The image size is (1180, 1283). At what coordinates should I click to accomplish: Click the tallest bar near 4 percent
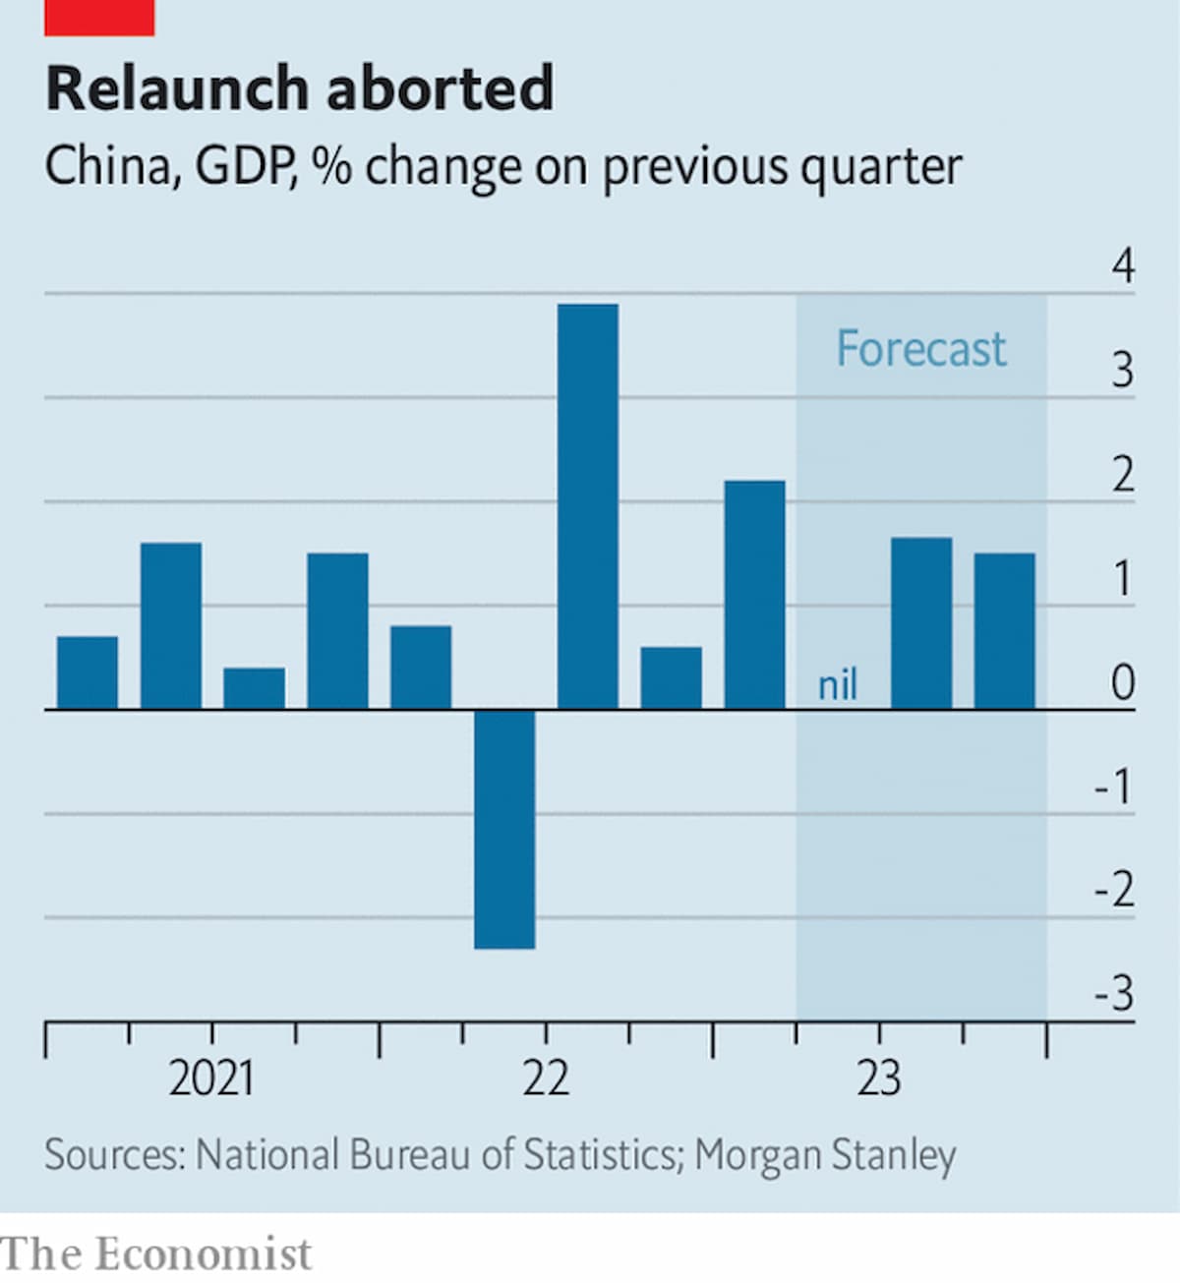pyautogui.click(x=587, y=506)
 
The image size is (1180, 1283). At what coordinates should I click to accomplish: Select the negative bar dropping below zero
pyautogui.click(x=504, y=829)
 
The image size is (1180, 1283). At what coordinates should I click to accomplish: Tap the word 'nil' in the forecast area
pyautogui.click(x=838, y=684)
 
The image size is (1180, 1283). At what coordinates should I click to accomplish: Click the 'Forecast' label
pyautogui.click(x=921, y=349)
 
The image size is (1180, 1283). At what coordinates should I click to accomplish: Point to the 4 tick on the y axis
pyautogui.click(x=1123, y=265)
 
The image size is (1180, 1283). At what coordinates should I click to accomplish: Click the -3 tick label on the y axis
pyautogui.click(x=1114, y=994)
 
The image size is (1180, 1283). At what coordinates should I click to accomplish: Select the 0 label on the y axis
pyautogui.click(x=1123, y=682)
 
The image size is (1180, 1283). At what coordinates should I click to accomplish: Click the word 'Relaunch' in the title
pyautogui.click(x=177, y=87)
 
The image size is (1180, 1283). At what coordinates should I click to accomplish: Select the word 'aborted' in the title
pyautogui.click(x=441, y=87)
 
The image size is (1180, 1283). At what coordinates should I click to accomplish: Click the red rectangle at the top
pyautogui.click(x=99, y=18)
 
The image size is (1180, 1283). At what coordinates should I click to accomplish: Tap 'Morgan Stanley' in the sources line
pyautogui.click(x=825, y=1156)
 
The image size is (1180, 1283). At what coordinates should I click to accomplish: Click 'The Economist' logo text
pyautogui.click(x=155, y=1254)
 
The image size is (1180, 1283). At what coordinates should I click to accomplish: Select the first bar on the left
pyautogui.click(x=88, y=672)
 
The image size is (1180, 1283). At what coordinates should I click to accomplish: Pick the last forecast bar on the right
pyautogui.click(x=1004, y=631)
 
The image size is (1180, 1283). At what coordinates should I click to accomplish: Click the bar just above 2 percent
pyautogui.click(x=754, y=595)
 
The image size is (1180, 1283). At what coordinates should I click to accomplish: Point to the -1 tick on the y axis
pyautogui.click(x=1114, y=787)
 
